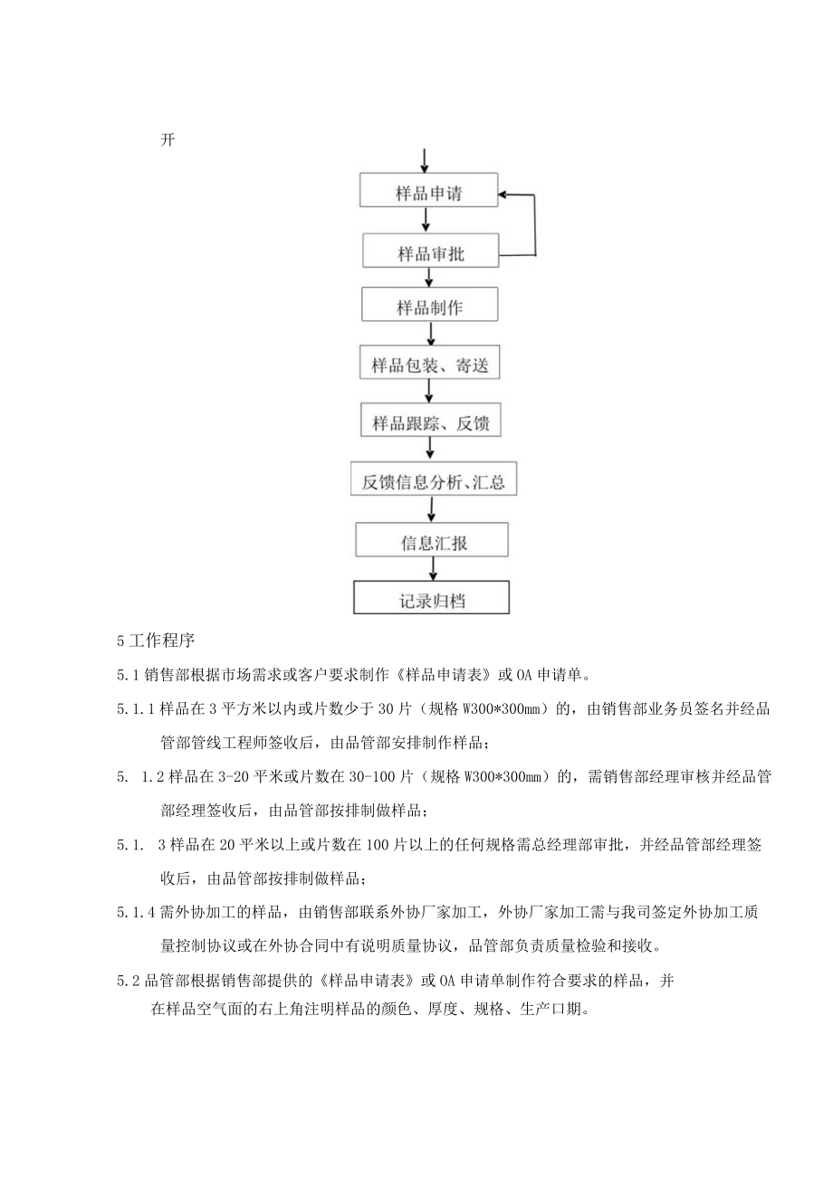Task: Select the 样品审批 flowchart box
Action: (x=430, y=252)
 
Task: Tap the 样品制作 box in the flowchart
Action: (x=429, y=306)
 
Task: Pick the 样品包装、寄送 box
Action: (x=429, y=365)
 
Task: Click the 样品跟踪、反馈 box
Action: (x=430, y=422)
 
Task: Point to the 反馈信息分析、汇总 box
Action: (x=433, y=481)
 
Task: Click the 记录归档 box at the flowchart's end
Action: (x=432, y=599)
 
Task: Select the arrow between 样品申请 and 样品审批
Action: (x=426, y=222)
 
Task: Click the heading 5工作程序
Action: (x=157, y=641)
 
